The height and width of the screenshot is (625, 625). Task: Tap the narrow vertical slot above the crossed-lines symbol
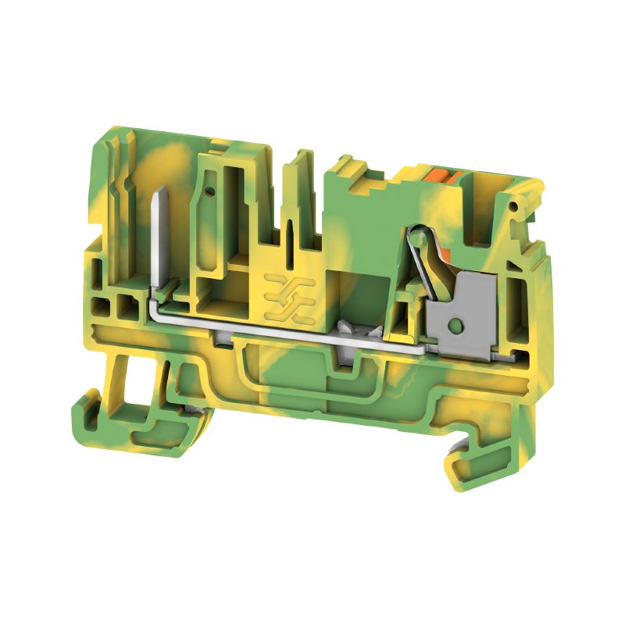click(x=290, y=234)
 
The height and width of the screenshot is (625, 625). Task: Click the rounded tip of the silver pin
click(x=162, y=191)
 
